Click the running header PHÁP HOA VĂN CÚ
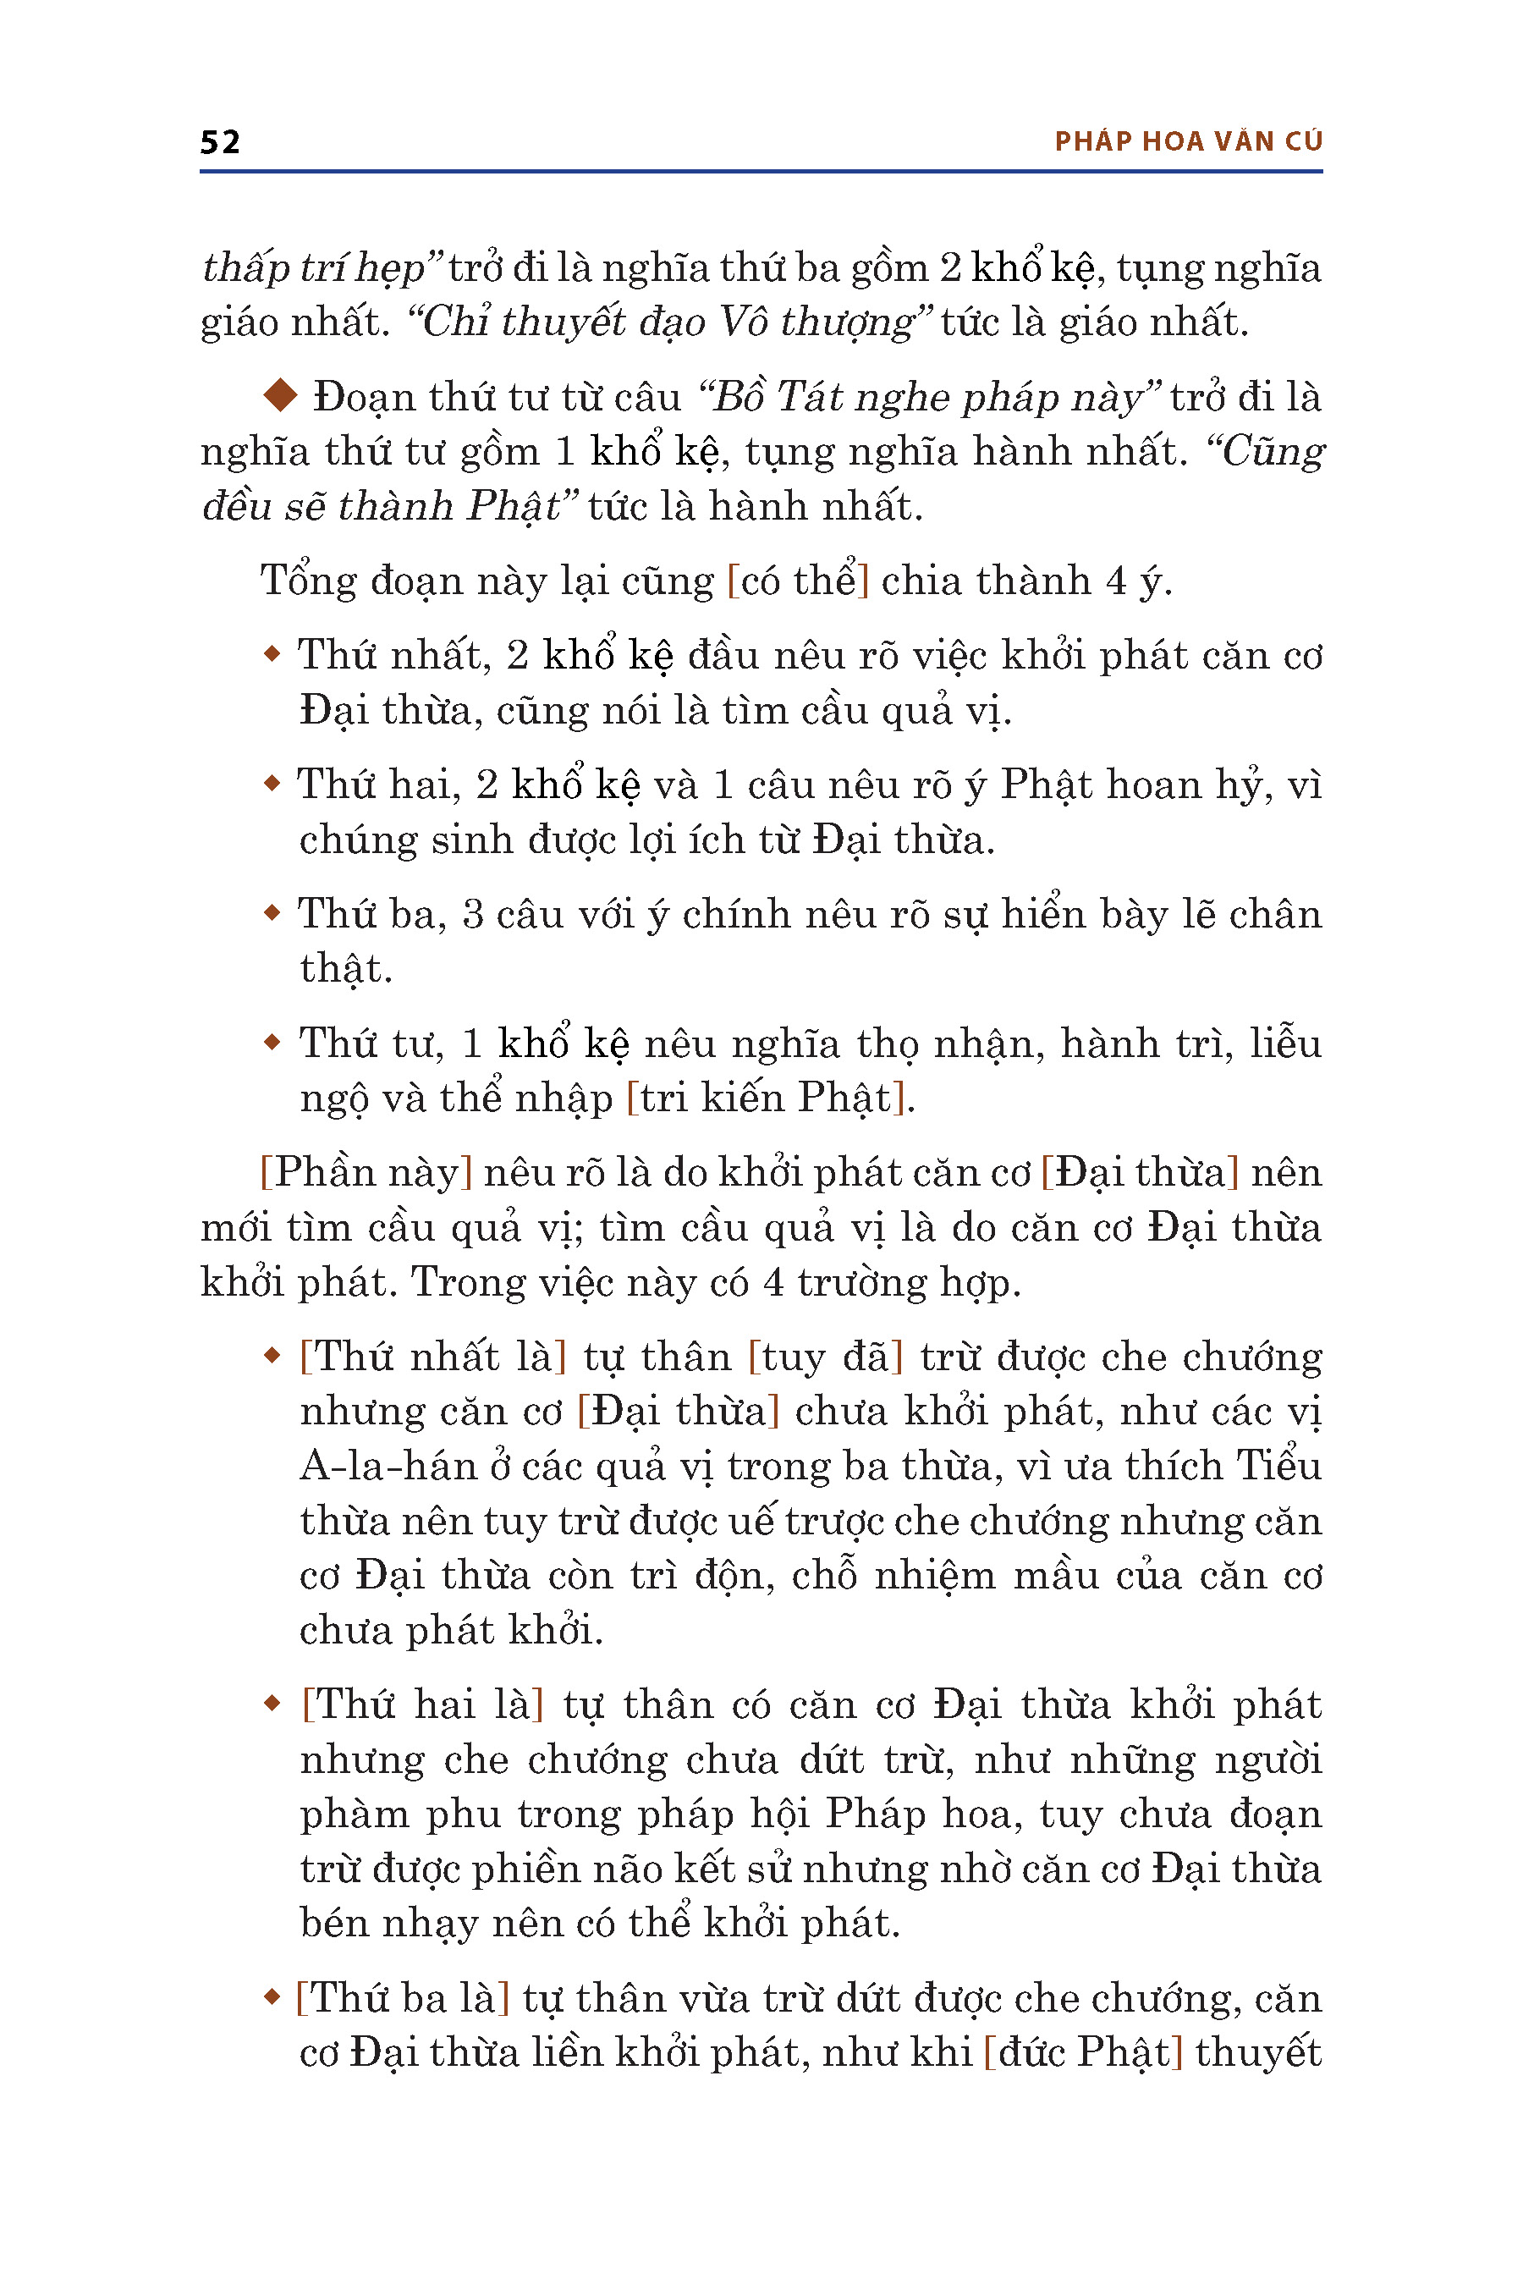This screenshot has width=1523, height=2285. pyautogui.click(x=1188, y=142)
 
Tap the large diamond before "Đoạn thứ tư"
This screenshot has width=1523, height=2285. pyautogui.click(x=282, y=394)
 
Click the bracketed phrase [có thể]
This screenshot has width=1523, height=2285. pyautogui.click(x=797, y=581)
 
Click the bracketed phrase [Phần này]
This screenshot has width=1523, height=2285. pyautogui.click(x=366, y=1173)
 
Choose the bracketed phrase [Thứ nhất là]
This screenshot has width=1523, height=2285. pyautogui.click(x=433, y=1357)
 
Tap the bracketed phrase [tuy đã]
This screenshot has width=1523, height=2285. pyautogui.click(x=826, y=1357)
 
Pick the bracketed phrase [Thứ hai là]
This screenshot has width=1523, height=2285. pyautogui.click(x=422, y=1704)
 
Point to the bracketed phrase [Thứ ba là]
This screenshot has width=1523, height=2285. pyautogui.click(x=402, y=1997)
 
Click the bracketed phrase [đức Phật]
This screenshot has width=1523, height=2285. pyautogui.click(x=1082, y=2051)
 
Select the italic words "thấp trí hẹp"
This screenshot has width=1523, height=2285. pyautogui.click(x=314, y=268)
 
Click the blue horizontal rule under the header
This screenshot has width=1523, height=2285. pyautogui.click(x=761, y=172)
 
